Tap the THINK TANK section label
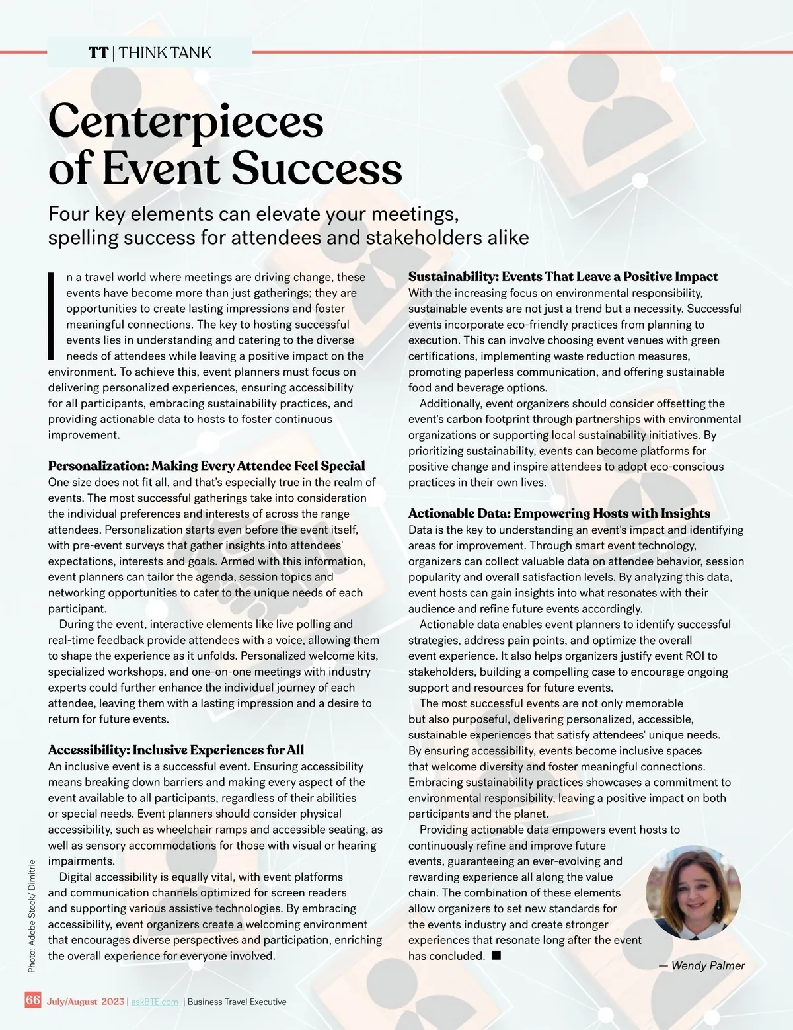coord(165,53)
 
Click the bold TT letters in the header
coord(98,53)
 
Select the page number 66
coord(33,1000)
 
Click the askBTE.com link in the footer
coord(155,1002)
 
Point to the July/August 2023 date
coord(85,1002)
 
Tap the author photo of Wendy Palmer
coord(693,892)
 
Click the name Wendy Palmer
coord(708,965)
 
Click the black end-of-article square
coord(496,955)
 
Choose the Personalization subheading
coord(206,466)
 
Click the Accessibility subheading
coord(176,750)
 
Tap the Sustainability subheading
coord(563,276)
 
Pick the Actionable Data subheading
coord(559,514)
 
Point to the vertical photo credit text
coord(32,915)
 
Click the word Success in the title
coord(317,169)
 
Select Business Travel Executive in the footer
coord(237,1002)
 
